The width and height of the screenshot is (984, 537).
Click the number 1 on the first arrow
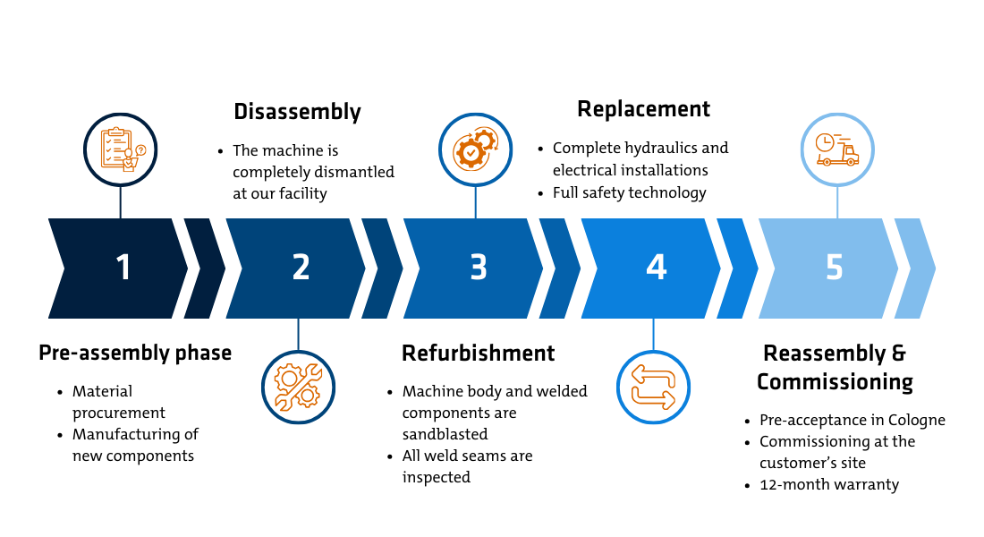point(123,268)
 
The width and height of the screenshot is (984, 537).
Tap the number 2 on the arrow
point(301,268)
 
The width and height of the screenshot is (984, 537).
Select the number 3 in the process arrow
point(479,268)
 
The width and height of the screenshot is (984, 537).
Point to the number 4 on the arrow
point(656,268)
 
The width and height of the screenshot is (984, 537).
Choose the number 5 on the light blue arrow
point(834,268)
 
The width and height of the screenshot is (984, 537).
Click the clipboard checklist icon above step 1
point(121,149)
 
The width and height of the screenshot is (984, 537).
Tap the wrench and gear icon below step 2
point(298,387)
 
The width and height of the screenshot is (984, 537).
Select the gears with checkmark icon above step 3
point(475,149)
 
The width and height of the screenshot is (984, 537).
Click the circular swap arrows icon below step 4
point(653,387)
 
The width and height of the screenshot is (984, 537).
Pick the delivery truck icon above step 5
point(837,149)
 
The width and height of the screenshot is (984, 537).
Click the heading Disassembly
point(297,112)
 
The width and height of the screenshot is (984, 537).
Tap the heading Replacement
point(643,109)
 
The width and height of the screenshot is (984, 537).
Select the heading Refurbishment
point(478,354)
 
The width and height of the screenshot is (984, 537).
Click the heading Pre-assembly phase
point(135,354)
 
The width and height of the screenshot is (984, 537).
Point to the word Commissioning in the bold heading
point(835,382)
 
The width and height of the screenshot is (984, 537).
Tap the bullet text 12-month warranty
point(829,484)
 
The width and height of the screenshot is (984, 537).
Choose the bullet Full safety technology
point(629,192)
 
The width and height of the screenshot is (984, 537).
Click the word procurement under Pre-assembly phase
point(119,413)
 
